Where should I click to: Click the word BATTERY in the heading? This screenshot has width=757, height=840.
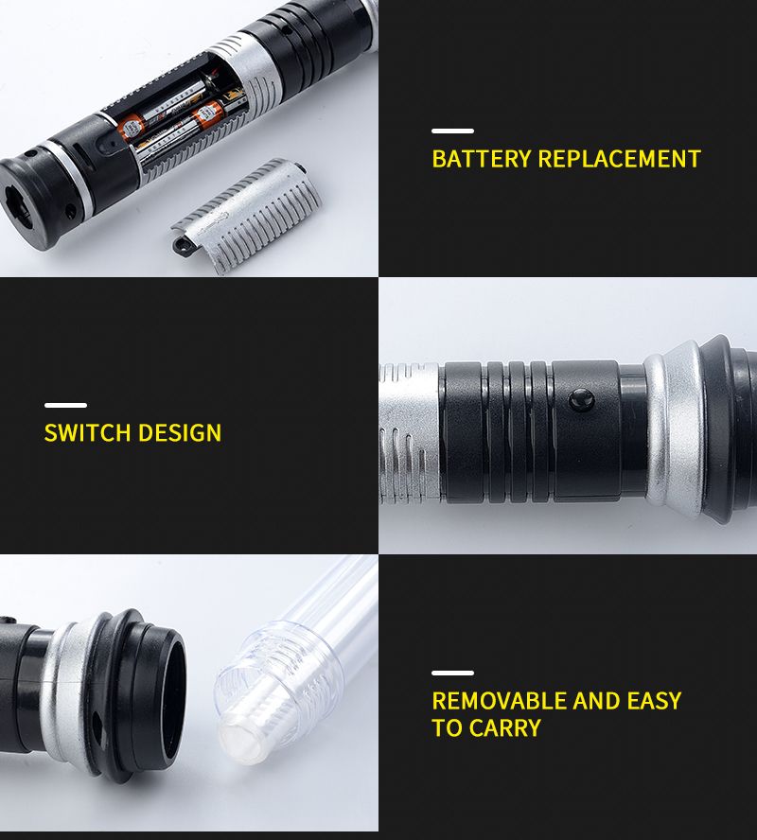click(481, 159)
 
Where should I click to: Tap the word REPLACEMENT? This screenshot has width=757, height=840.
click(619, 159)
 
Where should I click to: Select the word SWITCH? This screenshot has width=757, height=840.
click(87, 433)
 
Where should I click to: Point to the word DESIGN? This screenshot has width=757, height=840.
click(180, 433)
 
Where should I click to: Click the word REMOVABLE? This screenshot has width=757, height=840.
click(499, 701)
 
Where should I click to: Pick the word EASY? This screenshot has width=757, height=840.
click(654, 701)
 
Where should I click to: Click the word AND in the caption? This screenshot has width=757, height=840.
click(596, 701)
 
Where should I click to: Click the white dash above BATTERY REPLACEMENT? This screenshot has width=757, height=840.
click(452, 131)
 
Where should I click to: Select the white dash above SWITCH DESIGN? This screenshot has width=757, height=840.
click(65, 405)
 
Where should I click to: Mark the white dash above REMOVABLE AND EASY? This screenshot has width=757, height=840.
click(452, 673)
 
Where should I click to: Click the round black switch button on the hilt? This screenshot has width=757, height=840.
click(581, 400)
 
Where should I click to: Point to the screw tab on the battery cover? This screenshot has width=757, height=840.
click(182, 246)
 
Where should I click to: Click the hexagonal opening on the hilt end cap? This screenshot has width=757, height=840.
click(18, 203)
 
